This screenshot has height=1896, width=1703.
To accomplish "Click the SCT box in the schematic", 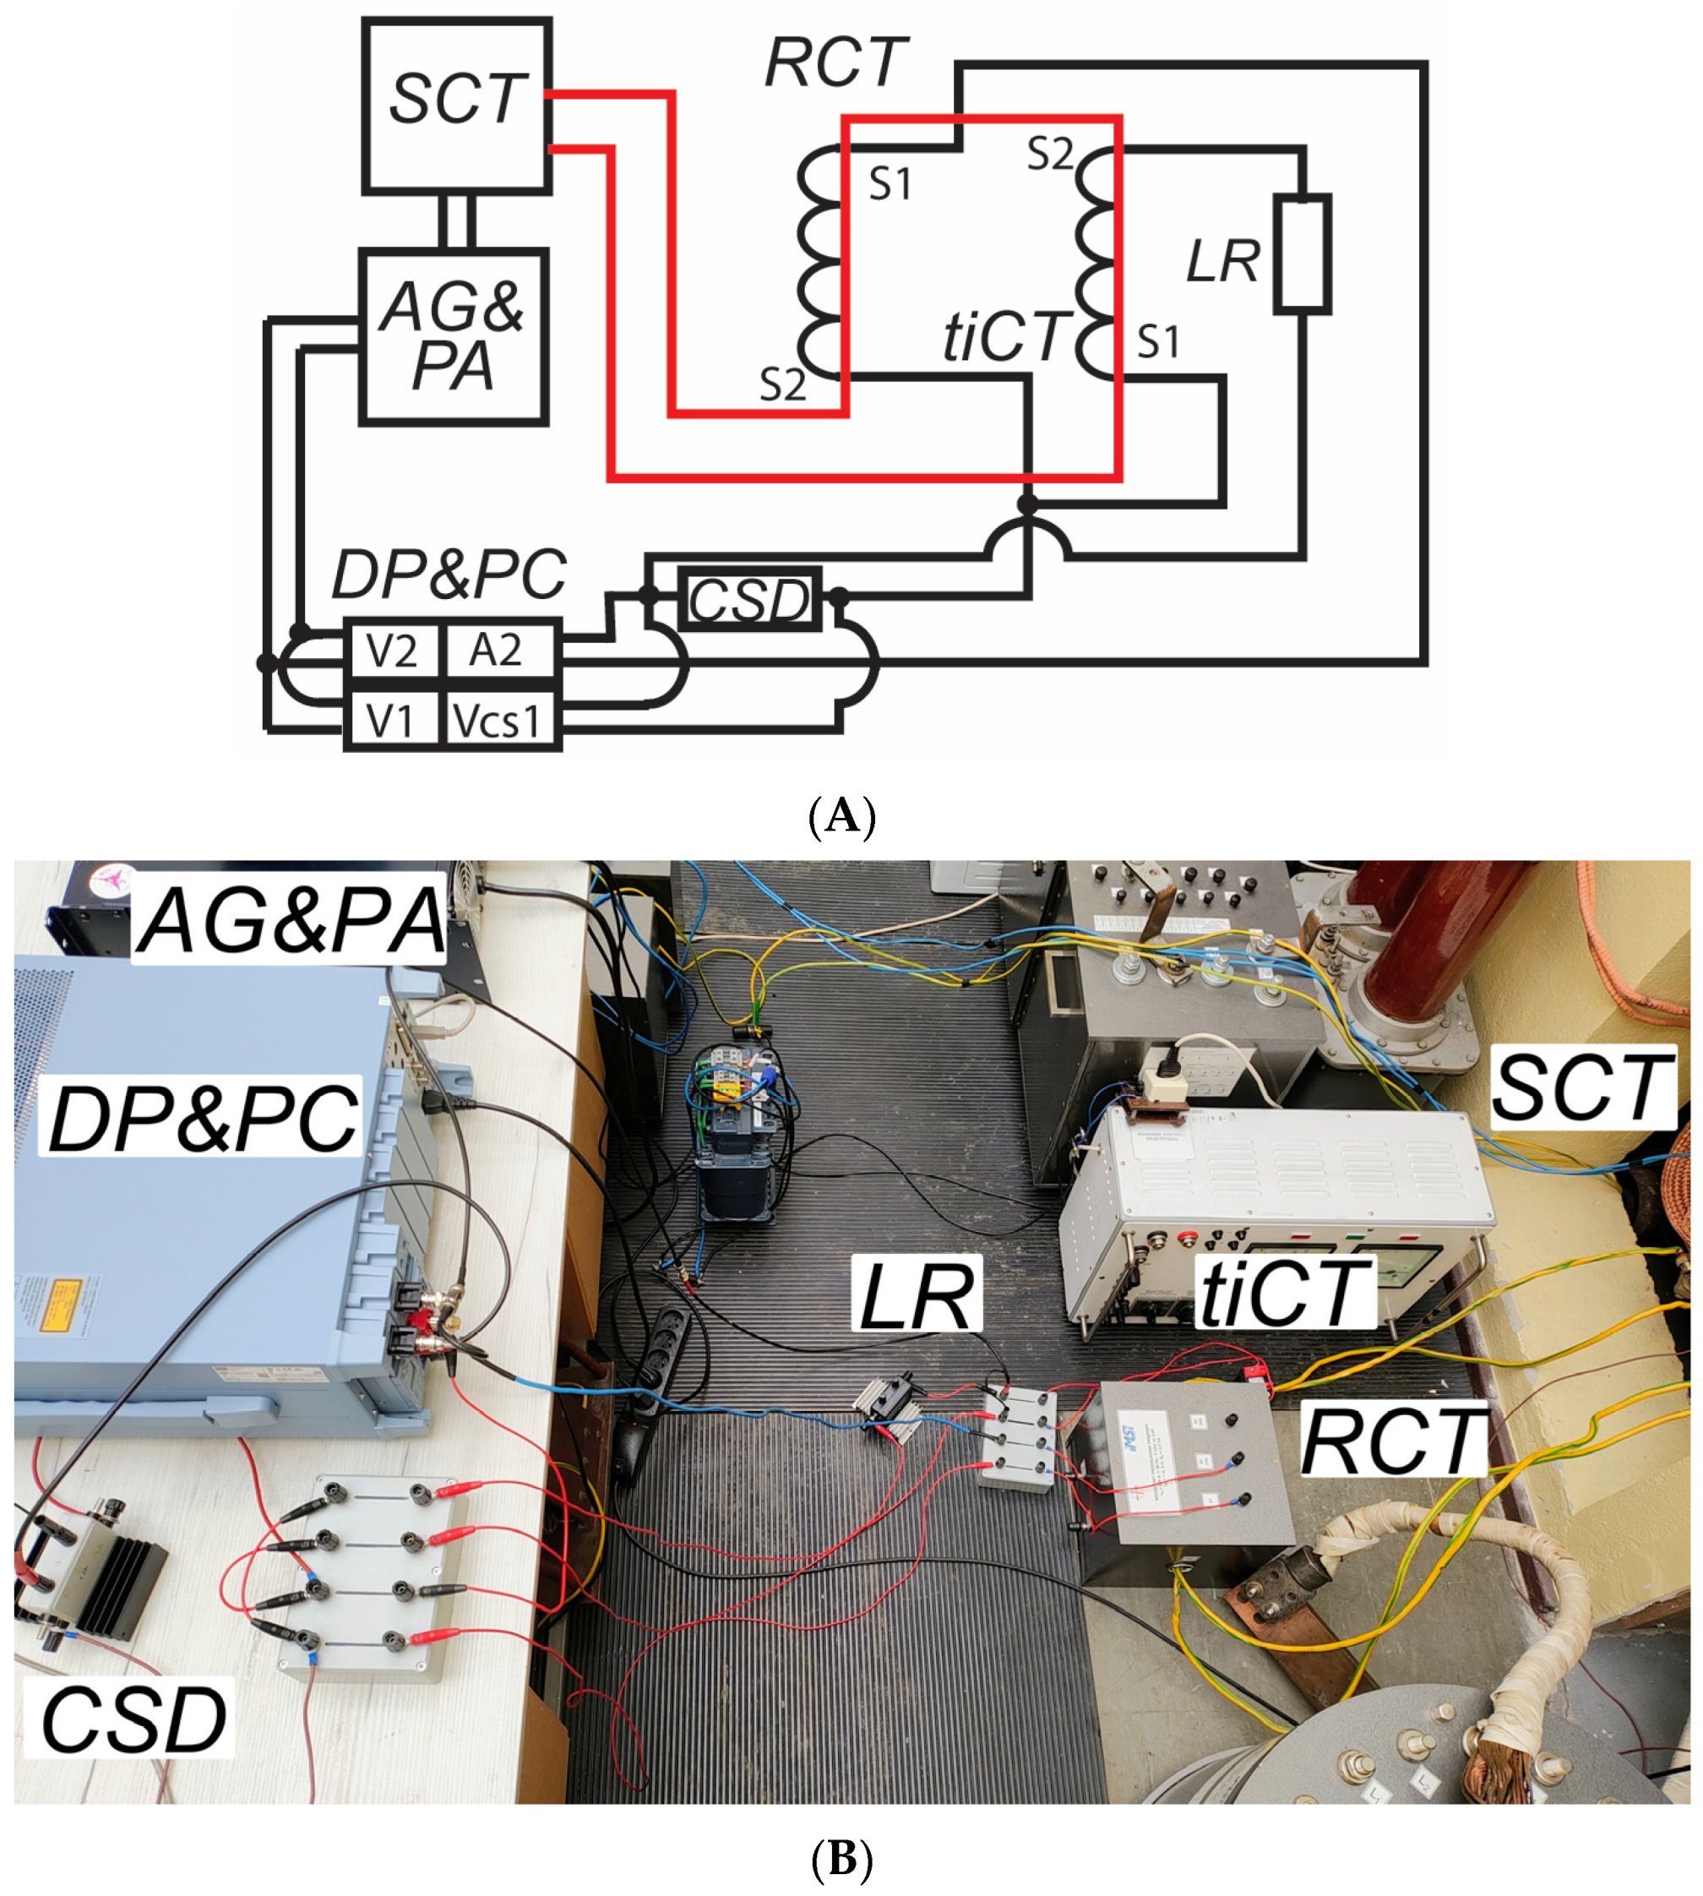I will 457,106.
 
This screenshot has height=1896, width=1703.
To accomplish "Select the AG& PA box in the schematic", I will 453,336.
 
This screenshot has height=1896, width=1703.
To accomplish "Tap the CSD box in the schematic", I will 749,599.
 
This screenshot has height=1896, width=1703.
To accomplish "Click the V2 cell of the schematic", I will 391,650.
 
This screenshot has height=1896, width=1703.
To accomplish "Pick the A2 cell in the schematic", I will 496,650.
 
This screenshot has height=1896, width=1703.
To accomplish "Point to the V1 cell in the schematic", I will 391,721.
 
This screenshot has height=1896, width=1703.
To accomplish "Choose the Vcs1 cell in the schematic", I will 498,721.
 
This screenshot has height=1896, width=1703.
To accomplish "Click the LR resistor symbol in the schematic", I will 1302,253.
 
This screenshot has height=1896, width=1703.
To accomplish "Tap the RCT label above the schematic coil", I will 835,63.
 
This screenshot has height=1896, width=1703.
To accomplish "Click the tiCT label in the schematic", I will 1004,336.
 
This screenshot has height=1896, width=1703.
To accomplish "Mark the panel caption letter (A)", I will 842,816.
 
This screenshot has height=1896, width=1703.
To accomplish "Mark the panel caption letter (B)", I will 842,1858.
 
